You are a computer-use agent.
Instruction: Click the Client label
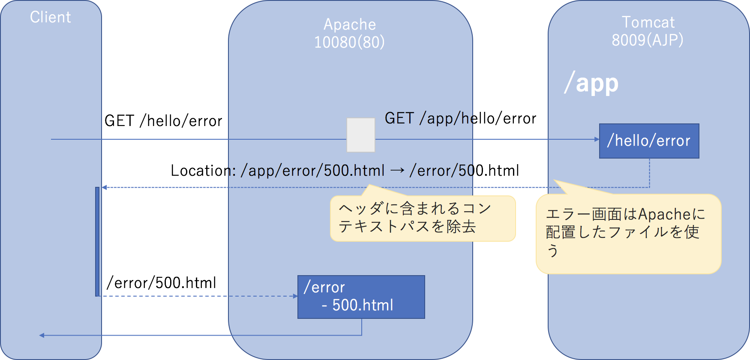pos(50,17)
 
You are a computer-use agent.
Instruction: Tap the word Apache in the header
pos(349,24)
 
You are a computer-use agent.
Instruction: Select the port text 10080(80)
pos(349,42)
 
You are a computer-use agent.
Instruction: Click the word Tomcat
pos(648,22)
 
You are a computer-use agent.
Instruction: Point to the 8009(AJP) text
pos(647,40)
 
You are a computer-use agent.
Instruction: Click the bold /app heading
pos(591,83)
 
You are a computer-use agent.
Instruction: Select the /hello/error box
pos(649,141)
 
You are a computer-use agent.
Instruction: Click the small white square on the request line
pos(360,135)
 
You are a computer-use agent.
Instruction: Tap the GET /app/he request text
pos(429,118)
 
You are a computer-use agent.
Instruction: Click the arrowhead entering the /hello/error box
pos(597,139)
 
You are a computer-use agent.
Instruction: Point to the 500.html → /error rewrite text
pos(351,171)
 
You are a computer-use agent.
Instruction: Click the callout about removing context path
pos(423,218)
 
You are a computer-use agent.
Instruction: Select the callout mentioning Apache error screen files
pos(628,234)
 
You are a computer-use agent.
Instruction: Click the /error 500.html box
pos(361,297)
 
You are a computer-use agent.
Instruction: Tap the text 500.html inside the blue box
pos(363,305)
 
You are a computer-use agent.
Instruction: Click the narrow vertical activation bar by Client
pos(97,241)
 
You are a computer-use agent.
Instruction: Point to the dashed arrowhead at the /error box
pos(295,296)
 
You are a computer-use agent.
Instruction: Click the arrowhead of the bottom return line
pos(42,335)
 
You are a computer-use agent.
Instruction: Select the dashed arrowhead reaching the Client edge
pos(104,187)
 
